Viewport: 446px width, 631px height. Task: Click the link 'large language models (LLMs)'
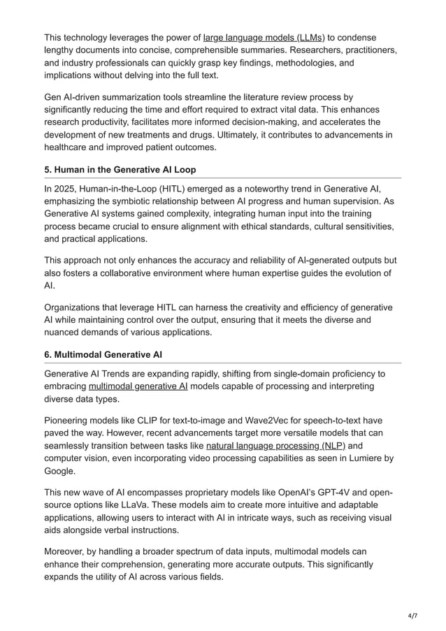(264, 37)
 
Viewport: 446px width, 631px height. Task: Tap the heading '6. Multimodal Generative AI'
(106, 355)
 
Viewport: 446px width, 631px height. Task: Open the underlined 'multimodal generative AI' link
(138, 386)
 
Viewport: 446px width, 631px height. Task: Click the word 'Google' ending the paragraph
(61, 472)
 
